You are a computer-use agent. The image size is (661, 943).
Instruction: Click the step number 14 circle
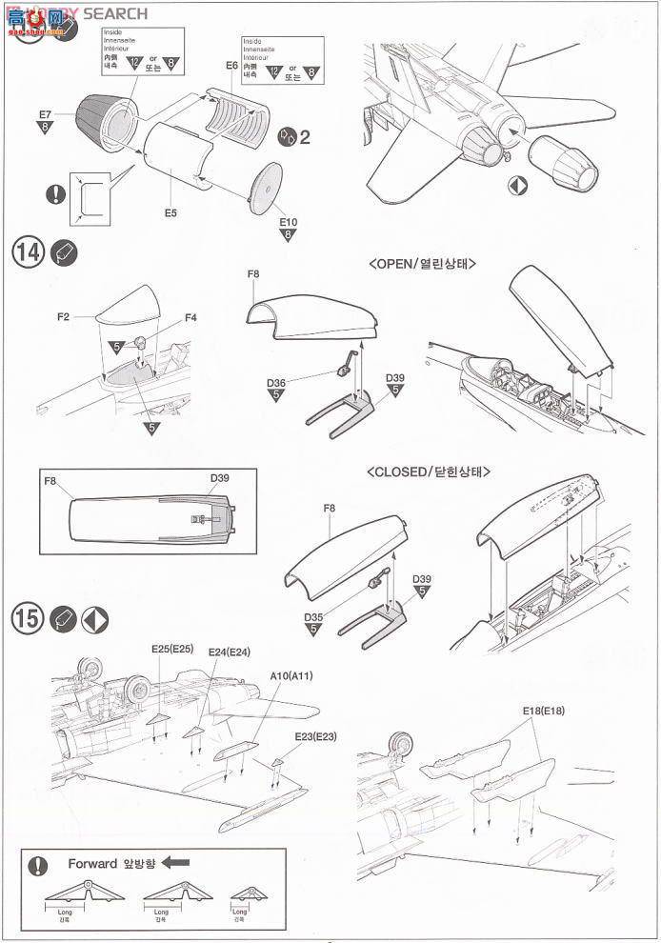(x=30, y=253)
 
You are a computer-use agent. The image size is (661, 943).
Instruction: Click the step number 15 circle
(x=30, y=619)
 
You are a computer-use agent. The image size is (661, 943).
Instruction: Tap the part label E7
(x=45, y=114)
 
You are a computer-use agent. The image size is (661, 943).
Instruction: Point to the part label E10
(x=289, y=222)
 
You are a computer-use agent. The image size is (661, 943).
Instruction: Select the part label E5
(x=170, y=212)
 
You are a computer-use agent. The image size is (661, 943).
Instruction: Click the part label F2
(x=64, y=316)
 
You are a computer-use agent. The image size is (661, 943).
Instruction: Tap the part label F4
(x=190, y=316)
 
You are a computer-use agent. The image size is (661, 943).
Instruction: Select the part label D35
(x=313, y=616)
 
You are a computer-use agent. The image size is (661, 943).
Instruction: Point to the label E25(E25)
(x=172, y=649)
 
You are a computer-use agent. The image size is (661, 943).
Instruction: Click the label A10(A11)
(x=291, y=675)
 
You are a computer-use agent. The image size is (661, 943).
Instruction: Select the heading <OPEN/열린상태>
(x=421, y=264)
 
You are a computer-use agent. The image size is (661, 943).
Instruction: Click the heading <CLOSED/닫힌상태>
(x=434, y=471)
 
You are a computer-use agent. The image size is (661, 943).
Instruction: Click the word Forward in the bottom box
(x=91, y=863)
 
